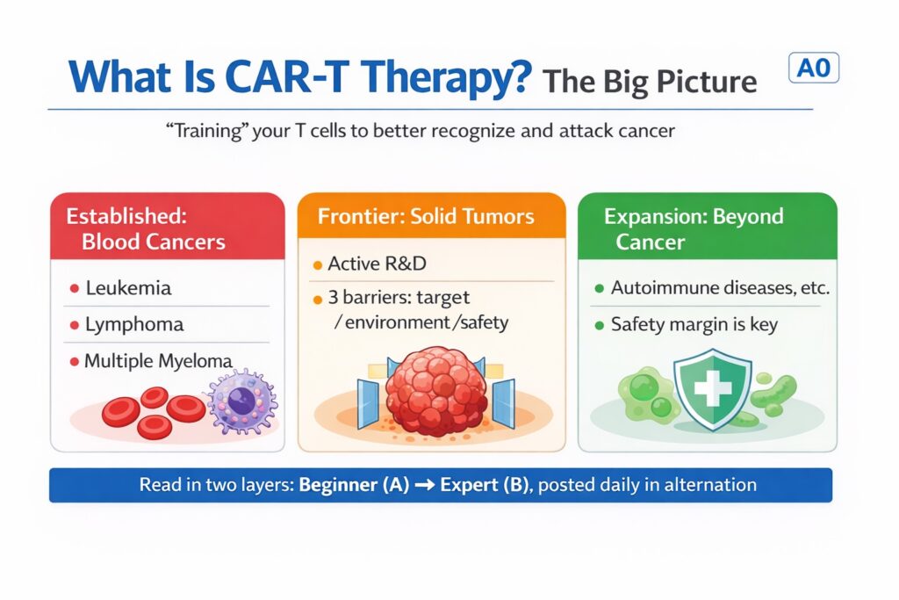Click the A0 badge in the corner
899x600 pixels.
click(x=814, y=68)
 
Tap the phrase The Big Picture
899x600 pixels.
click(x=650, y=81)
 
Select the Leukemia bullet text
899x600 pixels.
click(x=128, y=287)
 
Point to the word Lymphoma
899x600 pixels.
click(x=134, y=325)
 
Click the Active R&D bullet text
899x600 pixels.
click(x=378, y=264)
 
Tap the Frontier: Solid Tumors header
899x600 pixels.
click(x=426, y=216)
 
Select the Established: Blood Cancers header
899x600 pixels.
click(x=146, y=229)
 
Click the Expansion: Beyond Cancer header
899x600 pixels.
click(x=694, y=229)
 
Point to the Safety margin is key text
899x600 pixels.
click(x=694, y=325)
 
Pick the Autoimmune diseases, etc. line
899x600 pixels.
click(x=720, y=287)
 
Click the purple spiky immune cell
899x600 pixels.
click(x=242, y=401)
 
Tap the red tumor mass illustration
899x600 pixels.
click(x=436, y=391)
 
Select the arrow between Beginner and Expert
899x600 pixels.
click(x=425, y=485)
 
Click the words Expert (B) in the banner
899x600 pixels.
click(x=485, y=485)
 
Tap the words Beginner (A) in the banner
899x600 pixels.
click(x=355, y=485)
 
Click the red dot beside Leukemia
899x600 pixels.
click(x=75, y=288)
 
